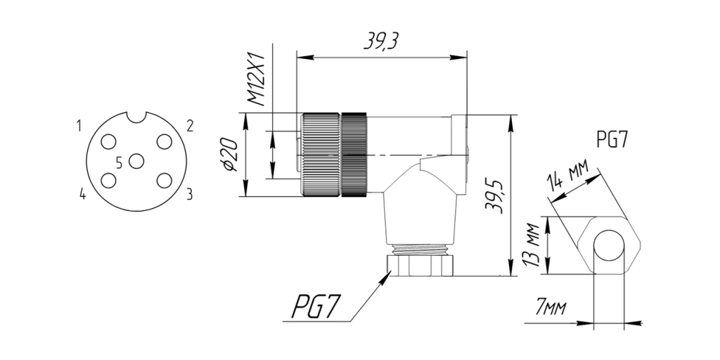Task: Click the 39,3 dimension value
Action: point(380,41)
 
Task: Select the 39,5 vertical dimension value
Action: point(494,196)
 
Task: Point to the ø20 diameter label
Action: point(230,155)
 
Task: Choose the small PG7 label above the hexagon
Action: point(612,139)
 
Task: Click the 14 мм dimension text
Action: point(567,176)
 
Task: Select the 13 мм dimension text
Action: point(532,245)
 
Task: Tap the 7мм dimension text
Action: point(551,308)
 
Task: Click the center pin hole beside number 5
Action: point(136,161)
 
